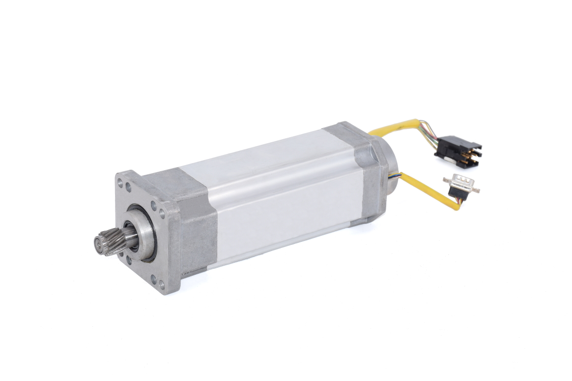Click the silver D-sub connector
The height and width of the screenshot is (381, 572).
coord(461,183)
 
